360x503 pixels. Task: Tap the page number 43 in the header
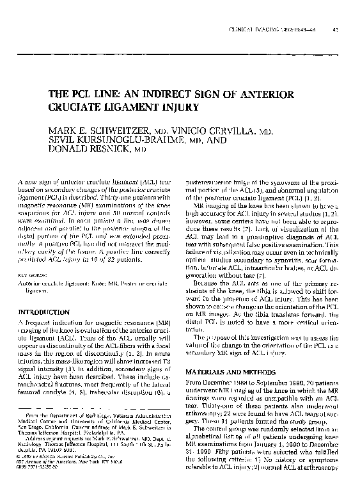334,30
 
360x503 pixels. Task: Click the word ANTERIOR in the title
266,93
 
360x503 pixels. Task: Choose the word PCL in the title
84,93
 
